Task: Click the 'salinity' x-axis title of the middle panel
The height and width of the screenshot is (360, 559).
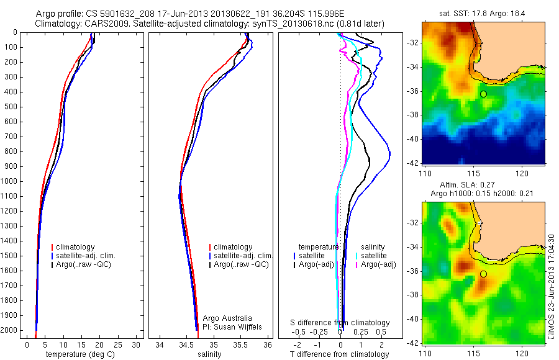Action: click(209, 354)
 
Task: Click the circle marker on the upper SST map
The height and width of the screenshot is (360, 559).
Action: click(483, 94)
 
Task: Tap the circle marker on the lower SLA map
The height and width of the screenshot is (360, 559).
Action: click(483, 274)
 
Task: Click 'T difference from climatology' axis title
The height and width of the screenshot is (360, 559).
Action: click(339, 354)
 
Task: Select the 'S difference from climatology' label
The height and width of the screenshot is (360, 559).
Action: click(340, 323)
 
